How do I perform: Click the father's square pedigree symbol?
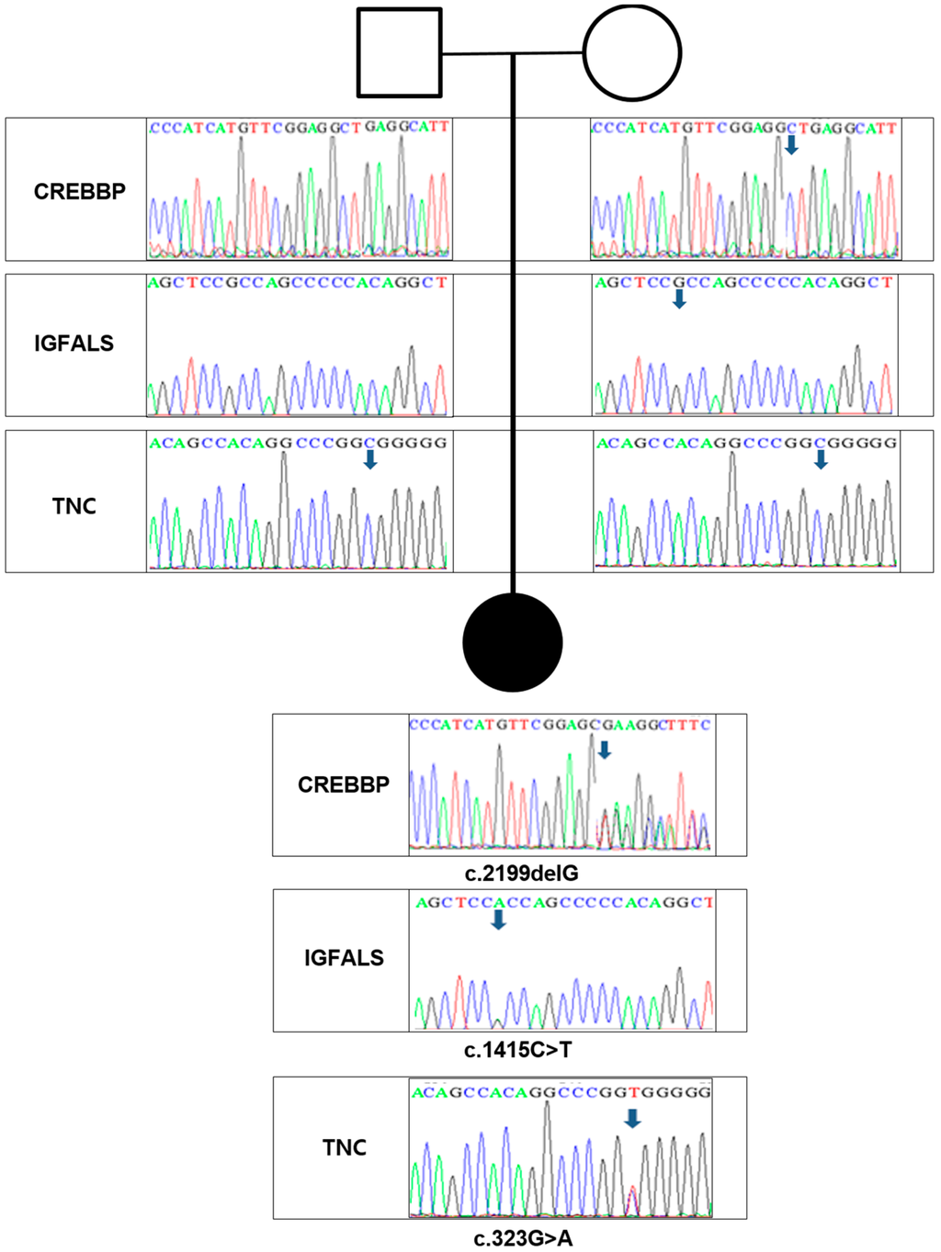399,52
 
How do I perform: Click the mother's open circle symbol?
632,52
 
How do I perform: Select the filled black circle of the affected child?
513,642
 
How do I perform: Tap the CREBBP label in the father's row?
80,191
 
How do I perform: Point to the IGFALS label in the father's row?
74,344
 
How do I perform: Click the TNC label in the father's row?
74,505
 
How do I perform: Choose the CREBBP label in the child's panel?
344,784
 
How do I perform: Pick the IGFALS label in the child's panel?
344,958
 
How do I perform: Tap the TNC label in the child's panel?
345,1147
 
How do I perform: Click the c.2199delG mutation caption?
521,874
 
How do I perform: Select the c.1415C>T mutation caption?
517,1050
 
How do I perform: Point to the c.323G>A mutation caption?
523,1239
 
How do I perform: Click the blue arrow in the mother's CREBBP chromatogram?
791,145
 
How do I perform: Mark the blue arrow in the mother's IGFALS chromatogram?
679,299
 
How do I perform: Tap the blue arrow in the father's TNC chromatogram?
370,459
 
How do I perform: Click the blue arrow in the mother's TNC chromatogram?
821,459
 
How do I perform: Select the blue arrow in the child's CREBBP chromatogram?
604,750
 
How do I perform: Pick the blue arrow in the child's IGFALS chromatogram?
498,919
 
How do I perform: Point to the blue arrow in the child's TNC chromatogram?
632,1118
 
